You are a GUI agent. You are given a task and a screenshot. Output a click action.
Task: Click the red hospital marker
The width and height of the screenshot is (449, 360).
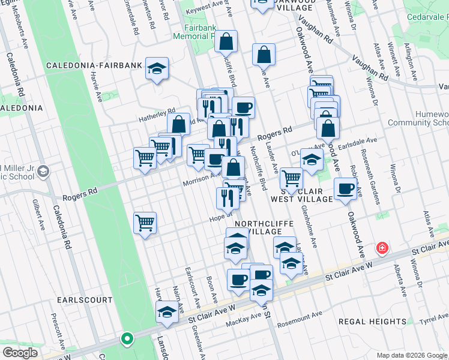tap(381, 248)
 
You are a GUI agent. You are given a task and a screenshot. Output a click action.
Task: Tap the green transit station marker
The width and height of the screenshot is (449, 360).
tap(127, 339)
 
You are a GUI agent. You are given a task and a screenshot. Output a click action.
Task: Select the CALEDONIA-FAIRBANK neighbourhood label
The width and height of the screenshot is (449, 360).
tap(97, 65)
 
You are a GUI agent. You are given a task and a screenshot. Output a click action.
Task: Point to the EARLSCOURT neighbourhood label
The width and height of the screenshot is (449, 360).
tap(85, 299)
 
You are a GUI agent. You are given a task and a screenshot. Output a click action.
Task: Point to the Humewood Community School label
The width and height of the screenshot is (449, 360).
tap(420, 118)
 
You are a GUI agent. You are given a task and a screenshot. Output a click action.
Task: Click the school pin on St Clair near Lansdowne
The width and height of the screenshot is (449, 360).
tap(167, 312)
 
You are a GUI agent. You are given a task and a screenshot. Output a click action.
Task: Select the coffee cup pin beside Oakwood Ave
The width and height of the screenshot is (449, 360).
tap(345, 188)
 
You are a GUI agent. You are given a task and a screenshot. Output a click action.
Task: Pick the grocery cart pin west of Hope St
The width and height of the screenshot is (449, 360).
tap(145, 224)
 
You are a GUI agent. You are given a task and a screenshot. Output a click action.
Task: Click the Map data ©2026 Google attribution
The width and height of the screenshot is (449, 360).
tap(411, 355)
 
